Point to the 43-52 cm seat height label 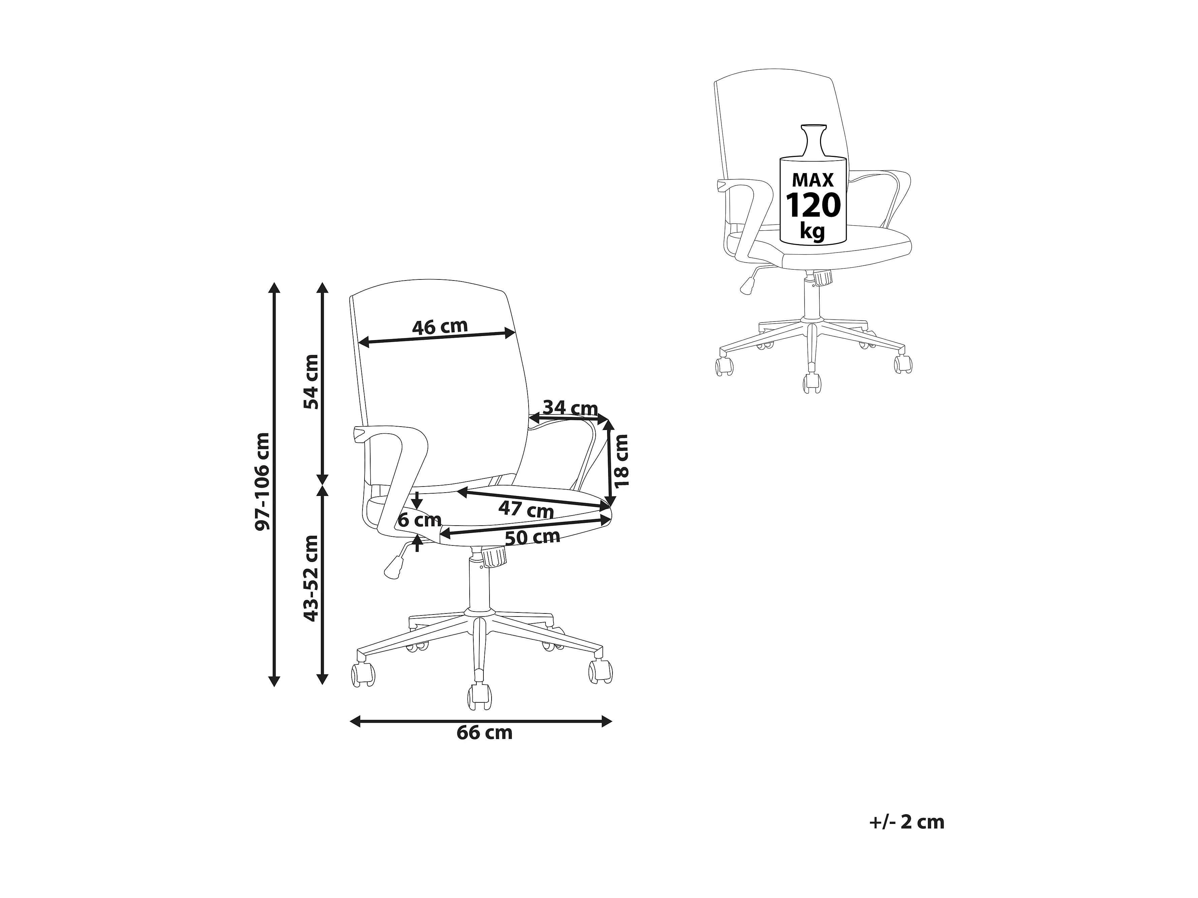click(311, 578)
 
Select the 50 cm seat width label click(532, 537)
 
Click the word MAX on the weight click(812, 179)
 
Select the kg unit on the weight click(812, 231)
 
